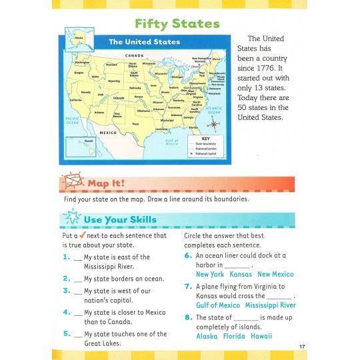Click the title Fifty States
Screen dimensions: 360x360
point(177,24)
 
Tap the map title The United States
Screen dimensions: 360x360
point(145,42)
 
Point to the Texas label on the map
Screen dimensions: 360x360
point(135,124)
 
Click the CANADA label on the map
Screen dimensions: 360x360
point(135,55)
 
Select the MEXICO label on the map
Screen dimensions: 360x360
point(109,133)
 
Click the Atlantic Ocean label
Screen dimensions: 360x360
point(213,110)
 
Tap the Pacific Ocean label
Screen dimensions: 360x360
point(72,120)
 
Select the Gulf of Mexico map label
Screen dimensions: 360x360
point(172,144)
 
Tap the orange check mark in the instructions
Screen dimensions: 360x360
point(83,235)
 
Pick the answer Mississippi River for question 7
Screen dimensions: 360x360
point(269,305)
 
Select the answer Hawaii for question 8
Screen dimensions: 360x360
point(261,336)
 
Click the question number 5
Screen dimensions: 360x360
point(67,333)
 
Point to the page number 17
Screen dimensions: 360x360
point(302,346)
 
